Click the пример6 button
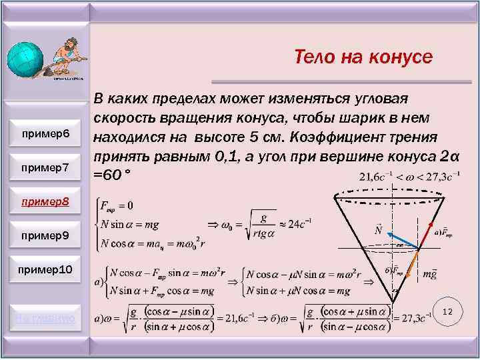click(x=46, y=135)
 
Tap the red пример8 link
click(x=46, y=201)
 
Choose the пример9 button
click(x=46, y=235)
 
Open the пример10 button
click(x=46, y=269)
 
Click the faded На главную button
click(x=46, y=321)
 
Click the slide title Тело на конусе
click(x=363, y=57)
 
